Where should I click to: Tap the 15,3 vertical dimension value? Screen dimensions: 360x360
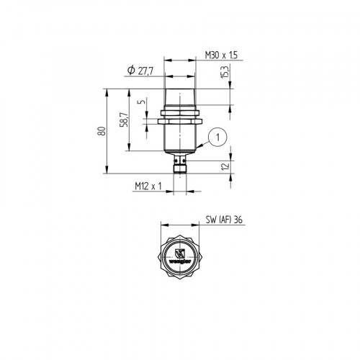[225, 73]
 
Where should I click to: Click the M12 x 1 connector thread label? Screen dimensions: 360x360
[147, 186]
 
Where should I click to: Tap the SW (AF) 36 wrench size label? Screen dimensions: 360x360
[223, 220]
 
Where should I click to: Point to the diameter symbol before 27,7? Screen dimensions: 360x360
[130, 68]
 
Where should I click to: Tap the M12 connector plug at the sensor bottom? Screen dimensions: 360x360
[179, 168]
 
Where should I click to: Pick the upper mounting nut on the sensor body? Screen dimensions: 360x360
[179, 112]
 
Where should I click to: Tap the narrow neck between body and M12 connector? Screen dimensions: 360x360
[179, 158]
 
